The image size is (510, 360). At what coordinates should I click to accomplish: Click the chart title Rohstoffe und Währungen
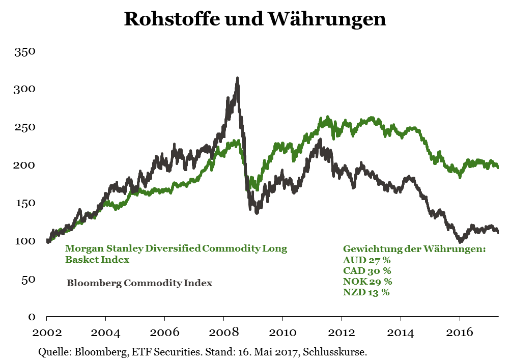pyautogui.click(x=255, y=19)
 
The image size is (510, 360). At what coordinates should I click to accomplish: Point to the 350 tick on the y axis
pyautogui.click(x=24, y=52)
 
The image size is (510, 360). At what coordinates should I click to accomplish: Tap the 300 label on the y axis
pyautogui.click(x=24, y=90)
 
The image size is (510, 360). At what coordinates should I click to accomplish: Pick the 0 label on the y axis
pyautogui.click(x=31, y=317)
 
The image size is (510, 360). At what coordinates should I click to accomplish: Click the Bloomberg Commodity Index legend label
pyautogui.click(x=139, y=283)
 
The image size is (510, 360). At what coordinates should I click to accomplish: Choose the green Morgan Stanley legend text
pyautogui.click(x=176, y=249)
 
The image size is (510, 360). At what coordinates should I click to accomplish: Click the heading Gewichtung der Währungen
pyautogui.click(x=414, y=249)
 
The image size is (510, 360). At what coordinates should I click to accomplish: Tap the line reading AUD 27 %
pyautogui.click(x=366, y=260)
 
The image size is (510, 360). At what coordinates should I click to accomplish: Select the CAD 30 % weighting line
pyautogui.click(x=367, y=270)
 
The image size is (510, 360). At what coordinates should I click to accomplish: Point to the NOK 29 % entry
pyautogui.click(x=367, y=281)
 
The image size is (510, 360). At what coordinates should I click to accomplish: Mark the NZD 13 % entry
pyautogui.click(x=366, y=292)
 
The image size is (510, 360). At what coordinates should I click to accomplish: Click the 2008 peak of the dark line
pyautogui.click(x=237, y=79)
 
